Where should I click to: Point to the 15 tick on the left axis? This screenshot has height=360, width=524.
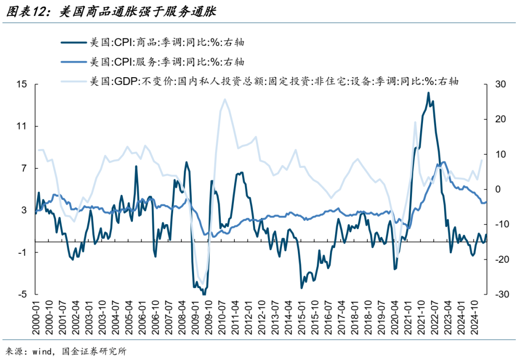pyautogui.click(x=21, y=84)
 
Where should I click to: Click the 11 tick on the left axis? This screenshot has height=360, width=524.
pyautogui.click(x=21, y=126)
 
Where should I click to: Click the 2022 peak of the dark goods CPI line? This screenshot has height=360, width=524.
pyautogui.click(x=428, y=93)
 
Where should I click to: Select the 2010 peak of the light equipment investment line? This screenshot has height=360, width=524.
pyautogui.click(x=225, y=99)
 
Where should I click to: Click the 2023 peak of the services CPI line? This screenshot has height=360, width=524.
pyautogui.click(x=444, y=162)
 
